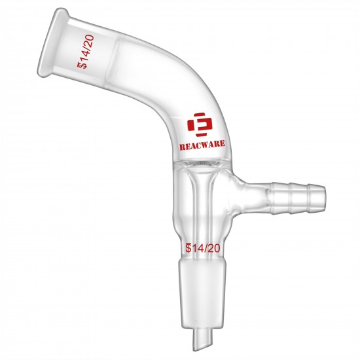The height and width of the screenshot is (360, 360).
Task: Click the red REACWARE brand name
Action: [x=202, y=145]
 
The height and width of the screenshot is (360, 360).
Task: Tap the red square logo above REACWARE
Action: [x=200, y=124]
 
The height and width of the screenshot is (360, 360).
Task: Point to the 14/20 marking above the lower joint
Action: [x=203, y=248]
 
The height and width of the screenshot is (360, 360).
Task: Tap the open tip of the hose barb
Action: [x=323, y=198]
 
